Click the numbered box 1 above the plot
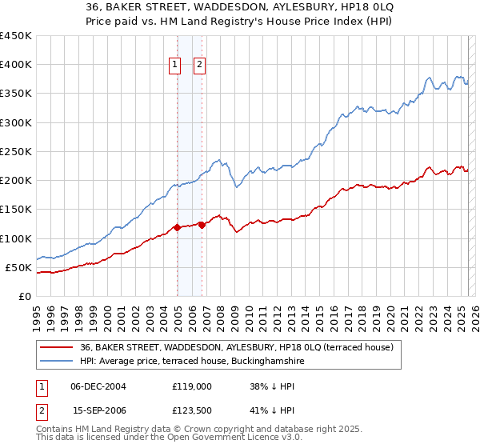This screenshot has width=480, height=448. pos(174,66)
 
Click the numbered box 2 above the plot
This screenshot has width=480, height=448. pos(200,66)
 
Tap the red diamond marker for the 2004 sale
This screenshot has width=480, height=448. pos(177,227)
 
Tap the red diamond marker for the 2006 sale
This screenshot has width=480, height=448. pos(202,225)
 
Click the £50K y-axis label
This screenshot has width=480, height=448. pos(19,267)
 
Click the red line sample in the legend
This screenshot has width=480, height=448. pos(55,348)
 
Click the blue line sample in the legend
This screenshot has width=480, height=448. pos(55,362)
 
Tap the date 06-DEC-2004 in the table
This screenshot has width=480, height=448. pos(98,386)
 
